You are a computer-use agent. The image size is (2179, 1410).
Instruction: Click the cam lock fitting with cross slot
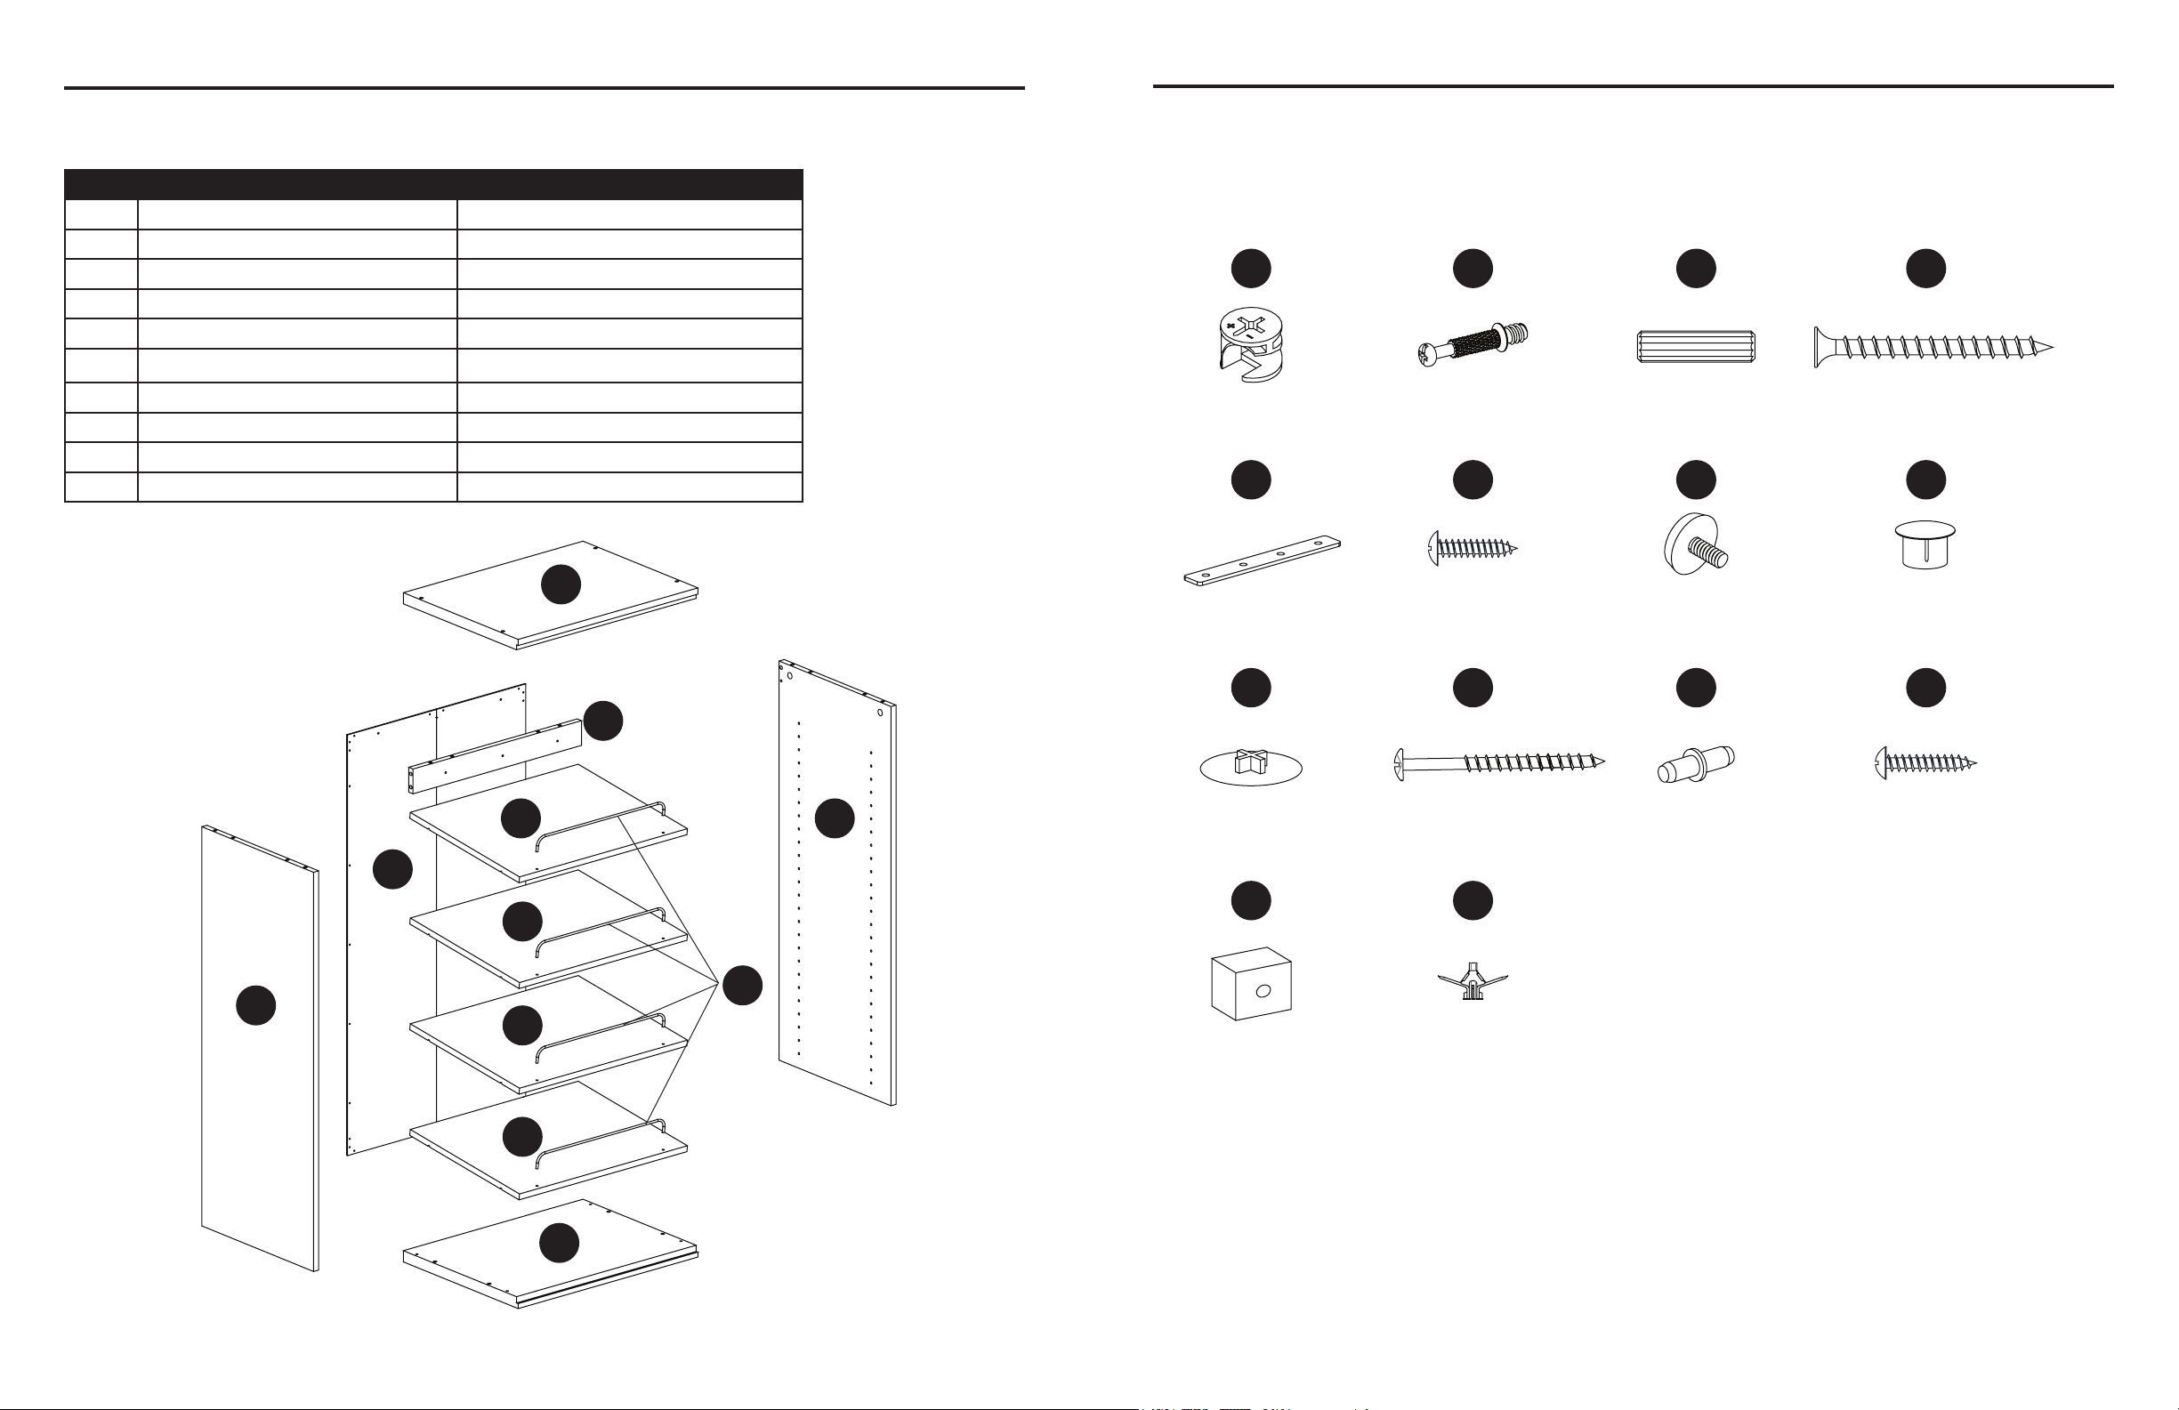[x=1251, y=344]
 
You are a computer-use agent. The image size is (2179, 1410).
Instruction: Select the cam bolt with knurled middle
[x=1473, y=344]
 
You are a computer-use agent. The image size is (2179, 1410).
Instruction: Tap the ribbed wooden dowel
[x=1696, y=347]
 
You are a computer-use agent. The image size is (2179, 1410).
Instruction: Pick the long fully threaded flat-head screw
[x=1932, y=347]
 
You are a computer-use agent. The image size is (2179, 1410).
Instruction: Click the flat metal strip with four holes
[x=1262, y=560]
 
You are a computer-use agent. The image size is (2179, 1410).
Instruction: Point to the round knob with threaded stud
[x=1694, y=544]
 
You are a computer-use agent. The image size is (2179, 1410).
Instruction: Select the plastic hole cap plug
[x=1925, y=544]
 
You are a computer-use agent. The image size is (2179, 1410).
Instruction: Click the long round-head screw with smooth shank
[x=1497, y=762]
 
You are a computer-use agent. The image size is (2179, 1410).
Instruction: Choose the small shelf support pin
[x=1695, y=763]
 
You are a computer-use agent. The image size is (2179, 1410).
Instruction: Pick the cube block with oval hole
[x=1251, y=984]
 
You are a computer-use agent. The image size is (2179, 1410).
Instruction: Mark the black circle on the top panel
[x=561, y=584]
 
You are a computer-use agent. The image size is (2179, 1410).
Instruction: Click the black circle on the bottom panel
[x=560, y=1243]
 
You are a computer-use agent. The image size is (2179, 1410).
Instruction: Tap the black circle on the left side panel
[x=256, y=1005]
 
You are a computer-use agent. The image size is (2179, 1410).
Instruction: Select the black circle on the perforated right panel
[x=835, y=818]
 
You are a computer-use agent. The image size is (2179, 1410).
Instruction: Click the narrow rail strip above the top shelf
[x=495, y=757]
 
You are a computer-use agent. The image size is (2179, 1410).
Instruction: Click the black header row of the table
[x=433, y=184]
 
